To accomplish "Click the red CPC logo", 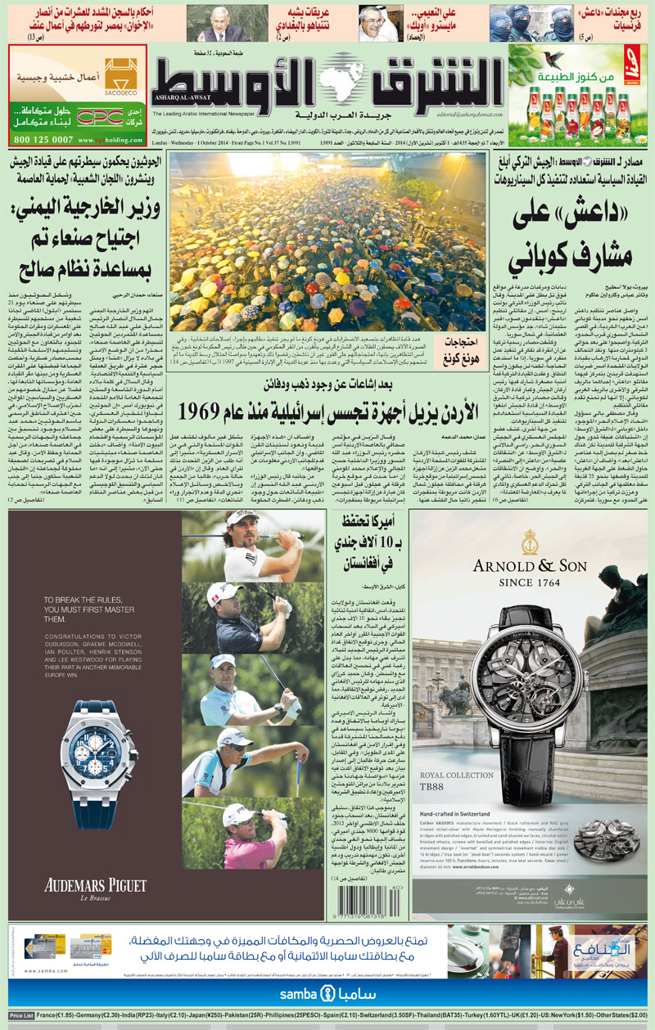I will [105, 115].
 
